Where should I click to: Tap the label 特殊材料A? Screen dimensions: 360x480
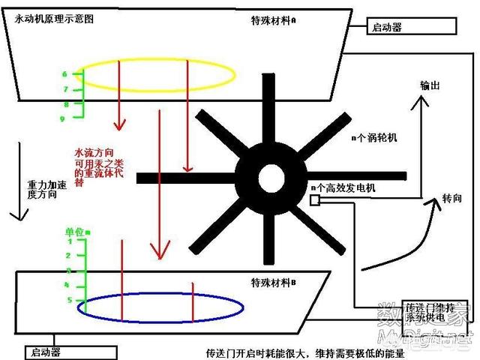click(x=273, y=20)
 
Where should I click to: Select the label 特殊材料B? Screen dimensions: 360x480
click(x=273, y=283)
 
